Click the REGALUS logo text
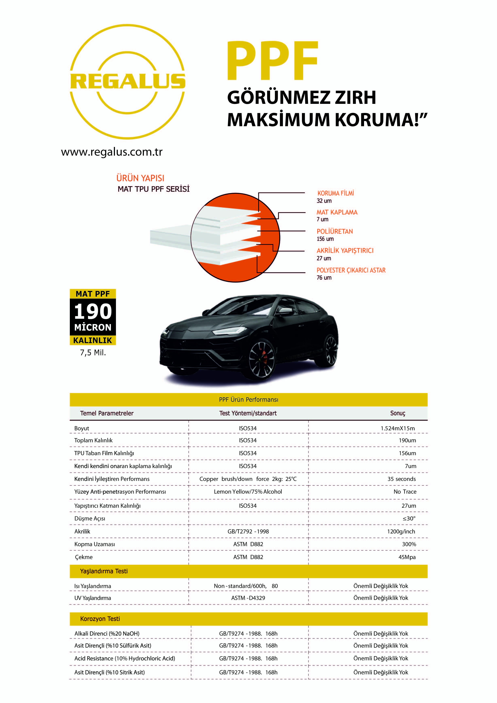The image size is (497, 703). (128, 81)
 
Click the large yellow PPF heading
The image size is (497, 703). (272, 61)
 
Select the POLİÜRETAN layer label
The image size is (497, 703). (335, 232)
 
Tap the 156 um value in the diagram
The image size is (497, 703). (325, 239)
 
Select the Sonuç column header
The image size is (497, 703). (397, 413)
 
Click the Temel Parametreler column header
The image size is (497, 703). (107, 413)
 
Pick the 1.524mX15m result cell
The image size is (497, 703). (397, 428)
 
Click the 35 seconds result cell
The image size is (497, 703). (401, 479)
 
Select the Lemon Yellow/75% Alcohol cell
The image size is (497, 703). (248, 491)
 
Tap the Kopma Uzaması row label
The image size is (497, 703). (95, 544)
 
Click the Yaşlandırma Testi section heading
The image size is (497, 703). (104, 571)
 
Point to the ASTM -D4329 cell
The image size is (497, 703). (248, 598)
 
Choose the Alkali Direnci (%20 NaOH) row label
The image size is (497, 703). (107, 634)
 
